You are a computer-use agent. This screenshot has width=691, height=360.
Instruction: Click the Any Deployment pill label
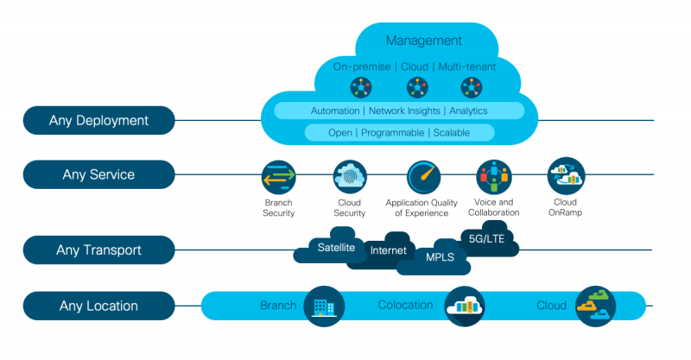tap(98, 121)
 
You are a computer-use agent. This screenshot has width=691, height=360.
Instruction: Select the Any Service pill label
tap(98, 174)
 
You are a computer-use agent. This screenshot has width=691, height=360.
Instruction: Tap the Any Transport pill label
tap(98, 250)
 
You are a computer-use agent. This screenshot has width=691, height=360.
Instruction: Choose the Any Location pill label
tap(98, 306)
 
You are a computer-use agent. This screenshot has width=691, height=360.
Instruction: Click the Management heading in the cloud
tap(423, 41)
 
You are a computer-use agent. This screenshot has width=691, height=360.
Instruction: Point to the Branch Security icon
tap(279, 176)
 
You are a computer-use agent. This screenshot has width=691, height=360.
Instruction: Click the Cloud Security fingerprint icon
tap(350, 176)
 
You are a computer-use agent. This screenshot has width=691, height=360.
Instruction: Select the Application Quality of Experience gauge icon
tap(424, 176)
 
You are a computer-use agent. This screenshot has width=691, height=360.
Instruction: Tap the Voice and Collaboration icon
tap(493, 176)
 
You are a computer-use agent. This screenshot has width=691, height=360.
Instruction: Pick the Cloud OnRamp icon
tap(566, 175)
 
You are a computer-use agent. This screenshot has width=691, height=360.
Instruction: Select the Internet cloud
tap(388, 250)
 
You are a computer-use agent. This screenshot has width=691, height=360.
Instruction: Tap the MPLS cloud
tap(440, 256)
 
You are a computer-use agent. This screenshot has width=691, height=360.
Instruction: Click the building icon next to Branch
tap(324, 306)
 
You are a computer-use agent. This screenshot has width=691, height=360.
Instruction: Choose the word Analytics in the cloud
tap(467, 111)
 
